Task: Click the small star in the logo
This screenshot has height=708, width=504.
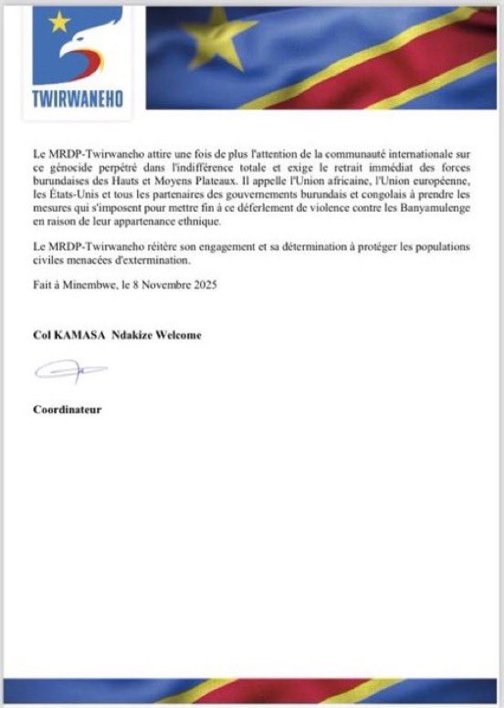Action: click(59, 21)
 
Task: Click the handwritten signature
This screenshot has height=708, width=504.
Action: click(69, 372)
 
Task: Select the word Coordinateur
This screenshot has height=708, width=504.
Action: click(68, 409)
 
